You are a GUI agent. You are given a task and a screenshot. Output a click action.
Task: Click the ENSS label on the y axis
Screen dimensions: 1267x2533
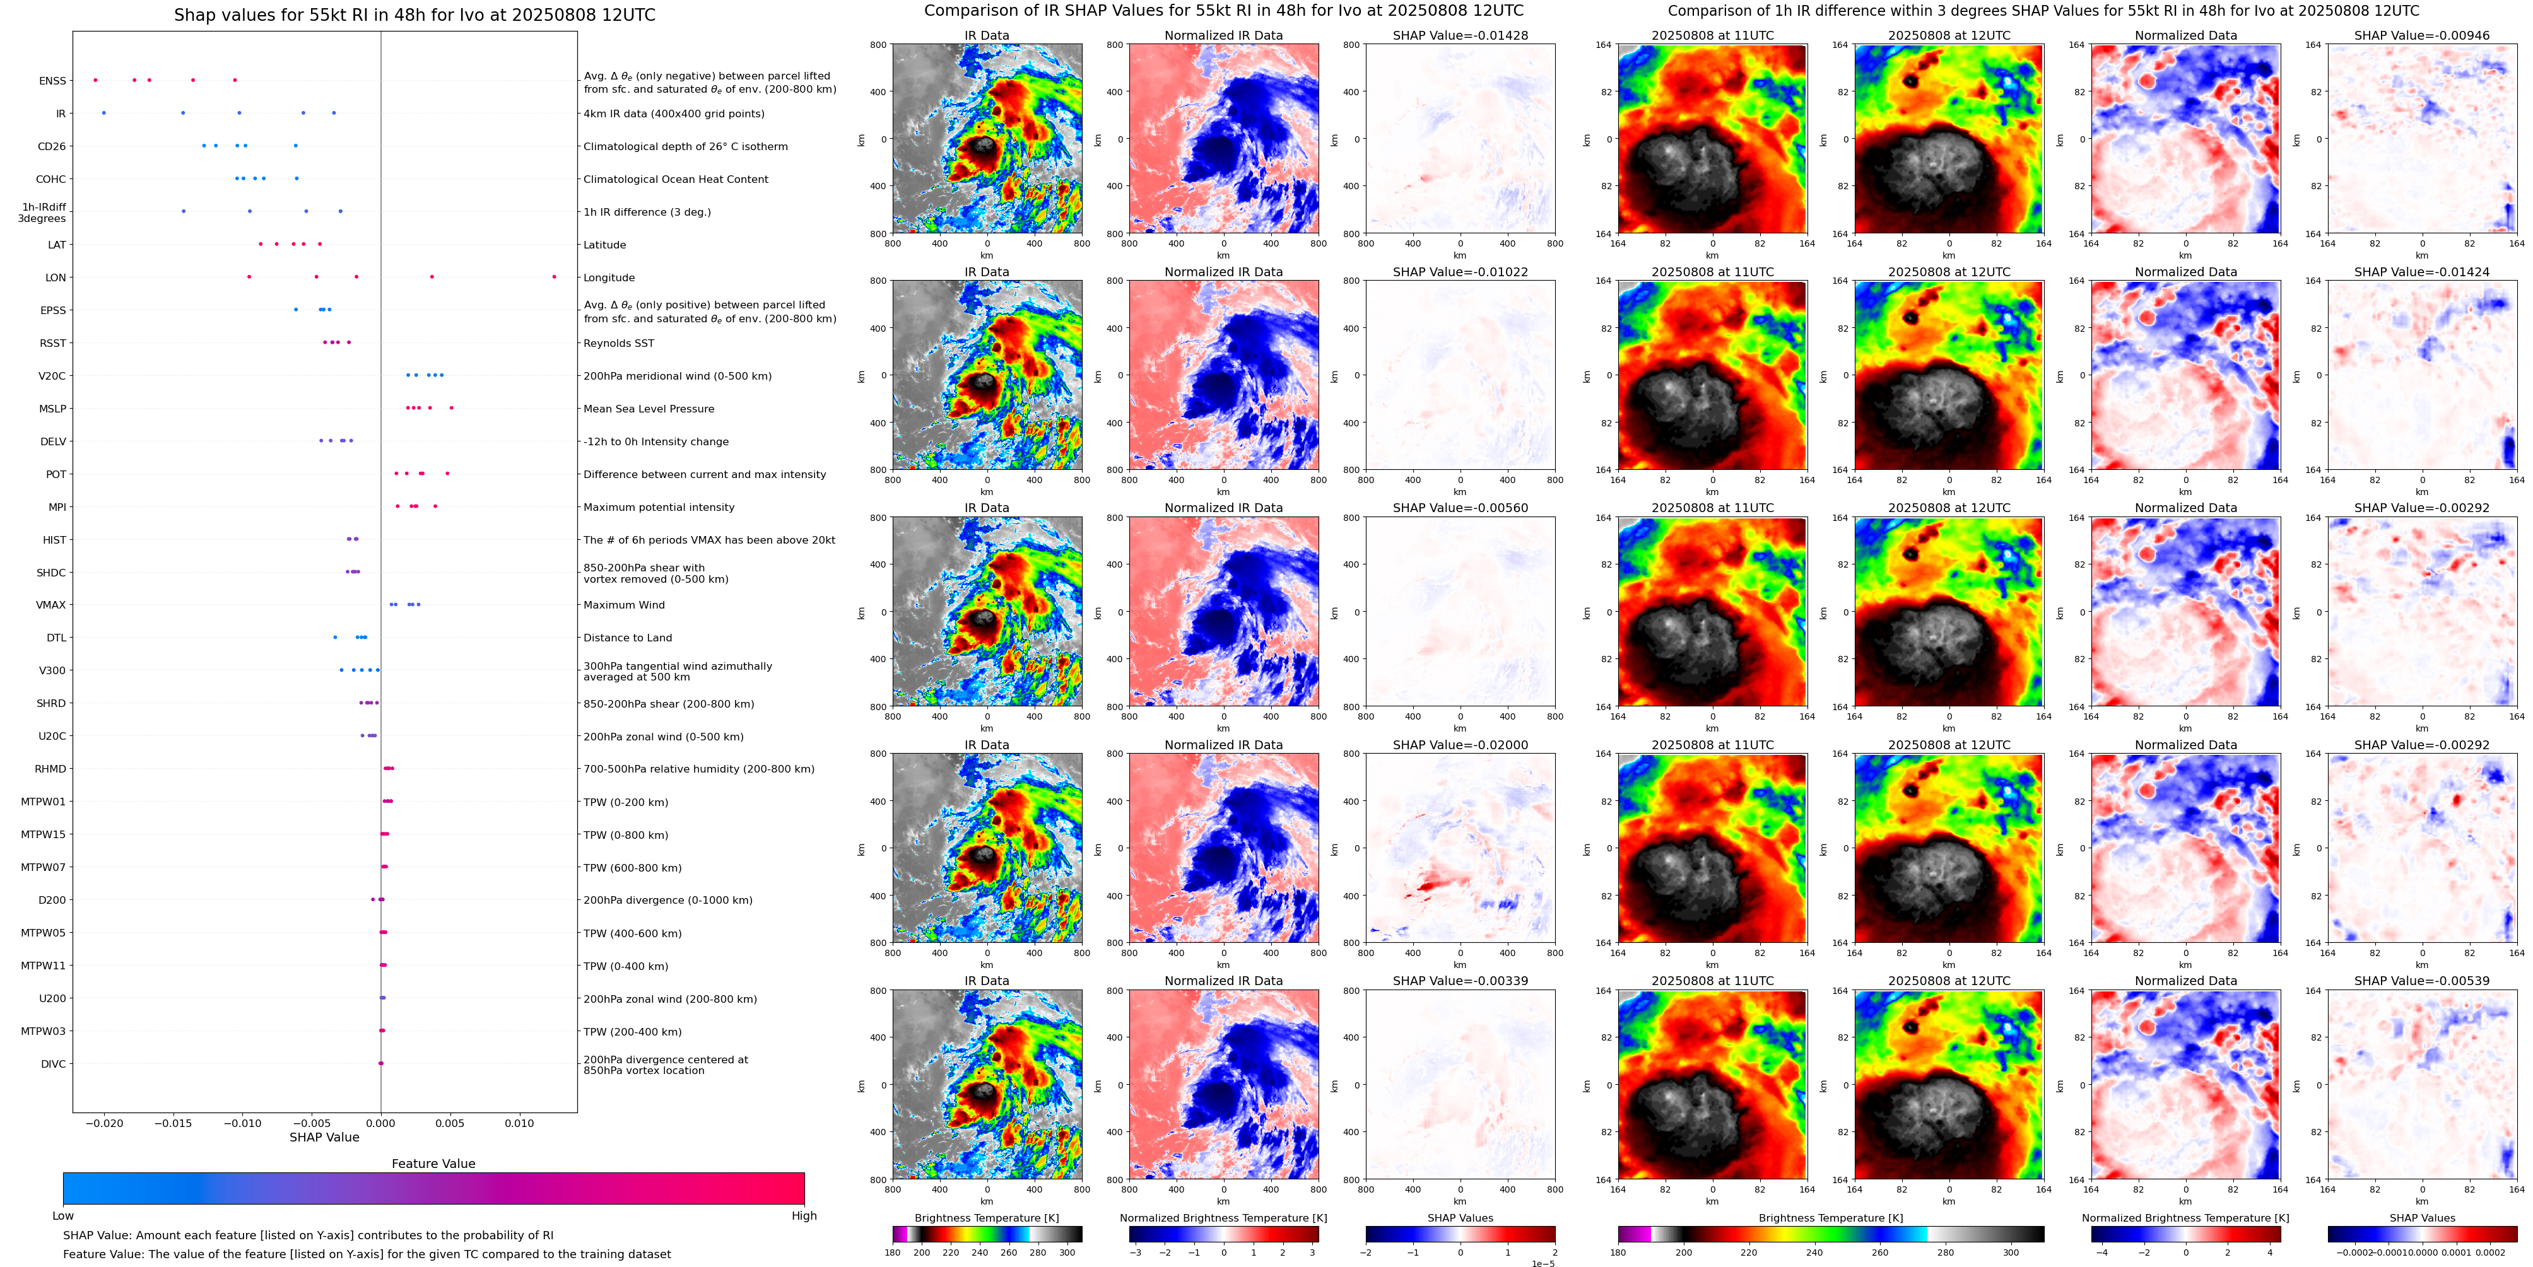coord(52,81)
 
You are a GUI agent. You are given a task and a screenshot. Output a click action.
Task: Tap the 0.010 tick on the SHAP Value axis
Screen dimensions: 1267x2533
coord(519,1123)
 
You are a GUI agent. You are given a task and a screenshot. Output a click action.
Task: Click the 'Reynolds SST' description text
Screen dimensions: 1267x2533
coord(618,343)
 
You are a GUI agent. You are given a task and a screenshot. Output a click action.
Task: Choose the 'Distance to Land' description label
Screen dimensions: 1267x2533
coord(627,638)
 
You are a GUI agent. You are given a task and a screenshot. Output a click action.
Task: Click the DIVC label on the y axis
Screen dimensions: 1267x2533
coord(53,1063)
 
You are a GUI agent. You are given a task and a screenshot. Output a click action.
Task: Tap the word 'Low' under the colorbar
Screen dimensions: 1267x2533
coord(63,1216)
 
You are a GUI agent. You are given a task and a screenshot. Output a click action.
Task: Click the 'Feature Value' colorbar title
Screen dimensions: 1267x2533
coord(433,1164)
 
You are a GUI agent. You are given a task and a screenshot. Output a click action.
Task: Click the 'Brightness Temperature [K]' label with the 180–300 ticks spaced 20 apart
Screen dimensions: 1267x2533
coord(986,1218)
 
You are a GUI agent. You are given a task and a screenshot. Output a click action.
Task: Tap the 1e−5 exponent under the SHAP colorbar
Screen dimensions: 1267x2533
coord(1543,1263)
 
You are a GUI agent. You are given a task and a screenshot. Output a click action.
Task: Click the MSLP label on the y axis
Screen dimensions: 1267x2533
coord(52,409)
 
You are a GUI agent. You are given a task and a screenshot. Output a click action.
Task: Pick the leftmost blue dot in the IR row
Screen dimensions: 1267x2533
coord(104,113)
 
